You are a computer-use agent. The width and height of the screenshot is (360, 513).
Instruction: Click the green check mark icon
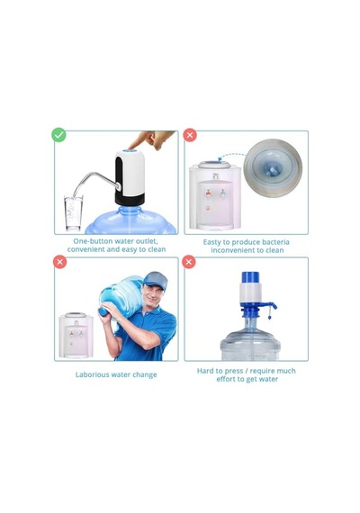pyautogui.click(x=58, y=135)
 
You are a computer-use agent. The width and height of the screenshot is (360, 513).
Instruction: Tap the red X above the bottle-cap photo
pyautogui.click(x=190, y=135)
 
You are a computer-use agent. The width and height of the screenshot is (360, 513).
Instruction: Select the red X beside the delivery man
pyautogui.click(x=60, y=262)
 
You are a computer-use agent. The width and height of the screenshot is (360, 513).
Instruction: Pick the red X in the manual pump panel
pyautogui.click(x=189, y=262)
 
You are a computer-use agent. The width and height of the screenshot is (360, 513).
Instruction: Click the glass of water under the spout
pyautogui.click(x=73, y=212)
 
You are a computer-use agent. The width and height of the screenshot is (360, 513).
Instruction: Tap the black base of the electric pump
pyautogui.click(x=130, y=199)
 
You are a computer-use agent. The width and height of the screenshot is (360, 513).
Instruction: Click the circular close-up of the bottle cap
pyautogui.click(x=273, y=167)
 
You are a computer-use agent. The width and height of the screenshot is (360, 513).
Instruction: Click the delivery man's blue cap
pyautogui.click(x=156, y=280)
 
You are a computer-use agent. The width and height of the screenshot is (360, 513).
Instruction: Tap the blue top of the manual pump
pyautogui.click(x=250, y=277)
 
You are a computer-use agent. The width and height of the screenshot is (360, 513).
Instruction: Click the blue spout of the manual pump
pyautogui.click(x=270, y=305)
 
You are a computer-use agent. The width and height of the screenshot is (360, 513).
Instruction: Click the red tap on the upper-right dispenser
pyautogui.click(x=209, y=193)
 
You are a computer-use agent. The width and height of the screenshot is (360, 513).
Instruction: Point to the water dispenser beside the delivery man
pyautogui.click(x=76, y=336)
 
